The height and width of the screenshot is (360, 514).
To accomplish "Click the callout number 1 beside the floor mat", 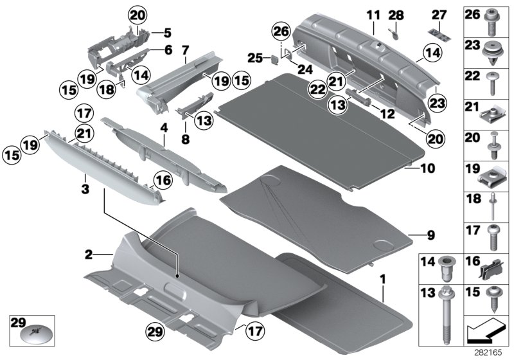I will [384, 280].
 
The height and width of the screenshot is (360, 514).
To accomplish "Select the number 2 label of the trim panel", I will [89, 255].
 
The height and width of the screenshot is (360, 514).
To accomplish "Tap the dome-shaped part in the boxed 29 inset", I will [32, 334].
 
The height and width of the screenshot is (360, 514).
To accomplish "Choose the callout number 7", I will [185, 50].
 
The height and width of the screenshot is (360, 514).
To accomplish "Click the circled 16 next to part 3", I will [162, 181].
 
